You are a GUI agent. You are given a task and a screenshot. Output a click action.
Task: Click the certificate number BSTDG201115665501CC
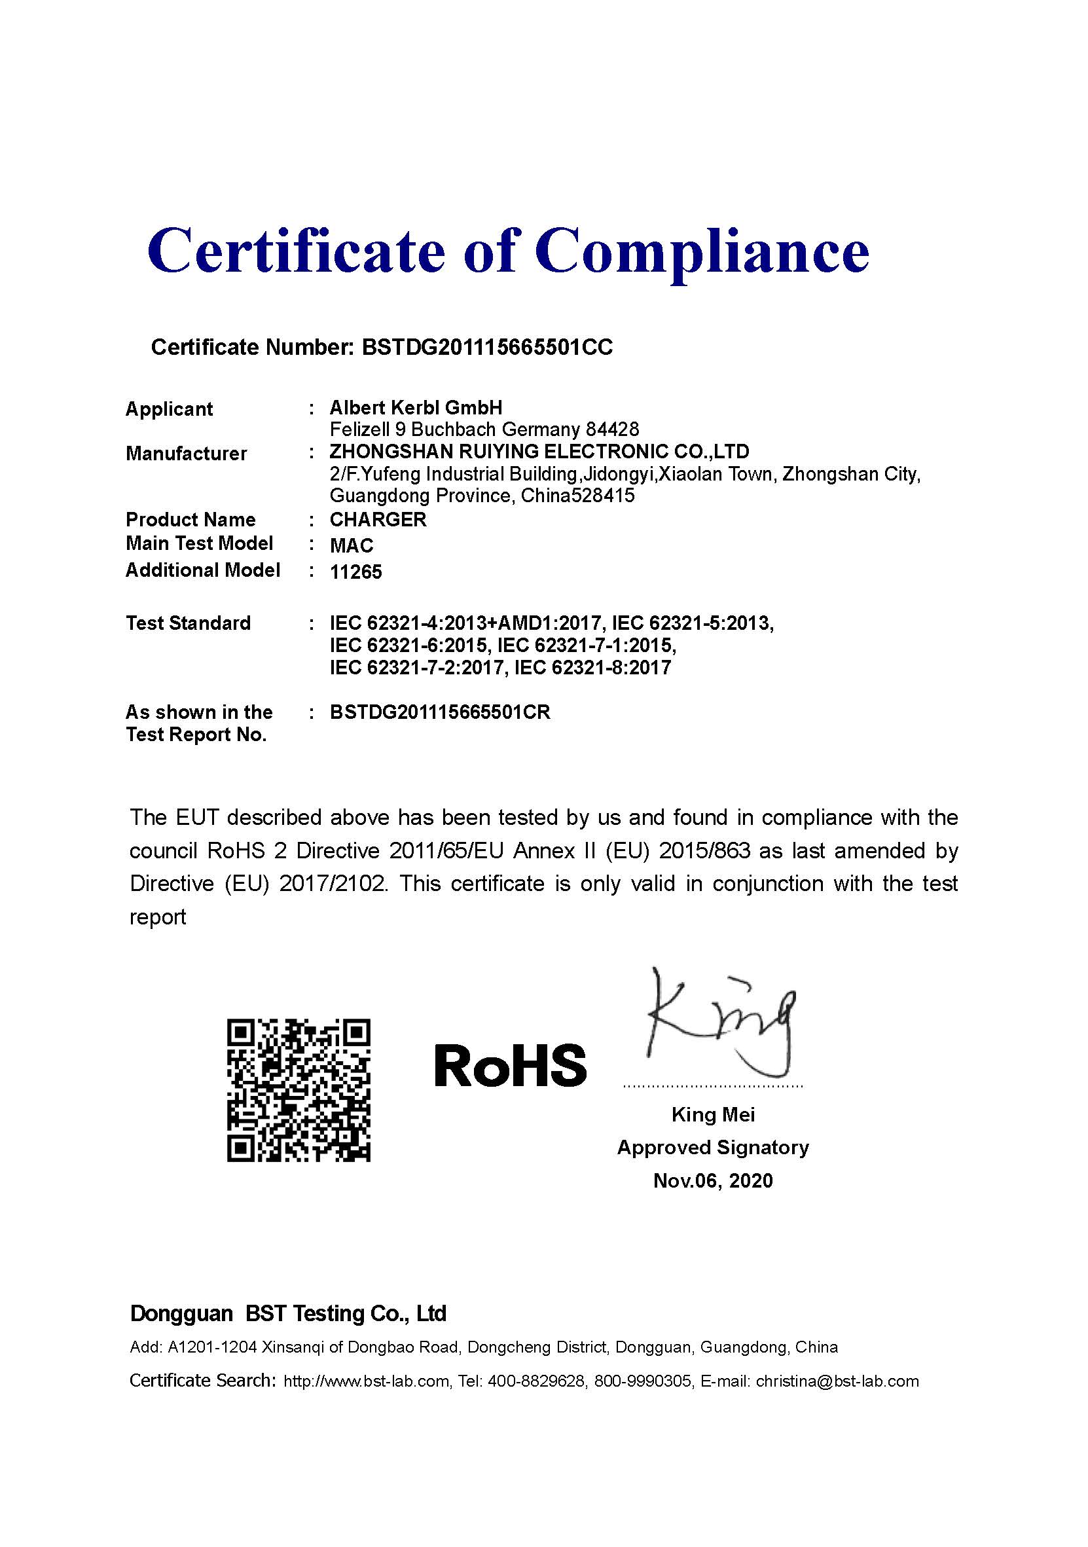(487, 347)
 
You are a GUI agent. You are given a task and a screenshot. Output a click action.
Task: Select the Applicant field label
(169, 409)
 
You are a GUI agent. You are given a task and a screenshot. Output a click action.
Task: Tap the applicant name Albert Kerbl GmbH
(416, 407)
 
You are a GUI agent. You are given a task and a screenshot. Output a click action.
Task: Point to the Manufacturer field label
(186, 454)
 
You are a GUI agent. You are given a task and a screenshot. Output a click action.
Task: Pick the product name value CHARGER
(378, 519)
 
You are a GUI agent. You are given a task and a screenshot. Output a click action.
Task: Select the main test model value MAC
(351, 545)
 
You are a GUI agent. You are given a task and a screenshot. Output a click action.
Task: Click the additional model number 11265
(355, 572)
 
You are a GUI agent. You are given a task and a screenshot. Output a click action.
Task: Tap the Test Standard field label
(188, 623)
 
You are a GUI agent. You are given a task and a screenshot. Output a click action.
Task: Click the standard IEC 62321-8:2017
(592, 668)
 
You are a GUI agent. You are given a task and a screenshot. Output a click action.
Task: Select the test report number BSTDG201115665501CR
(440, 712)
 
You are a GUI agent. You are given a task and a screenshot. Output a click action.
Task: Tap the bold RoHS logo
(510, 1065)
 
